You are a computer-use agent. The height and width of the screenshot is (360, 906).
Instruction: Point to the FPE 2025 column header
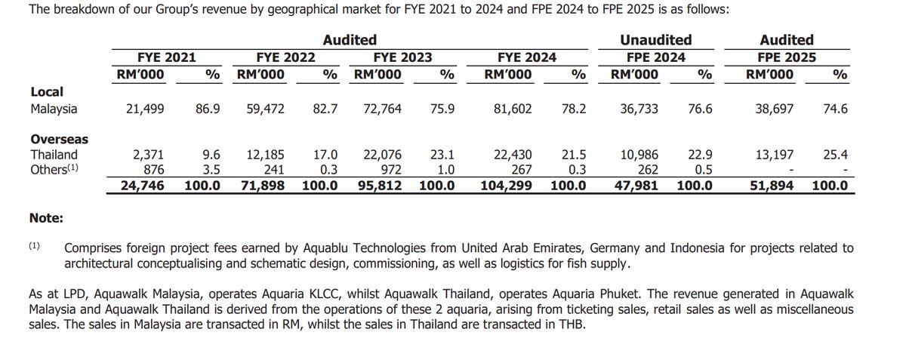pos(786,57)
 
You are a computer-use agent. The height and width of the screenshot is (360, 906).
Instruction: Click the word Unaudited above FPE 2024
pos(655,40)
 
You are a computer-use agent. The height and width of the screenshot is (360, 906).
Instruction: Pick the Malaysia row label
pos(54,109)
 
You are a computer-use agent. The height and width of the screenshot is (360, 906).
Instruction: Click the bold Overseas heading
pos(59,140)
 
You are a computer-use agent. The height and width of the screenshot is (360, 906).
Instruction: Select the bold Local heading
pos(46,91)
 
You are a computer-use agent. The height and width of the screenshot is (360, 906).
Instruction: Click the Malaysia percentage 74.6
pos(836,109)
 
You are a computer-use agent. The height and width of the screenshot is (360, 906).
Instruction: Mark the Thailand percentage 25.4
pos(836,155)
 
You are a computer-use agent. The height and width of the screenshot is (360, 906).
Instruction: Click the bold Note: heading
pos(46,218)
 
